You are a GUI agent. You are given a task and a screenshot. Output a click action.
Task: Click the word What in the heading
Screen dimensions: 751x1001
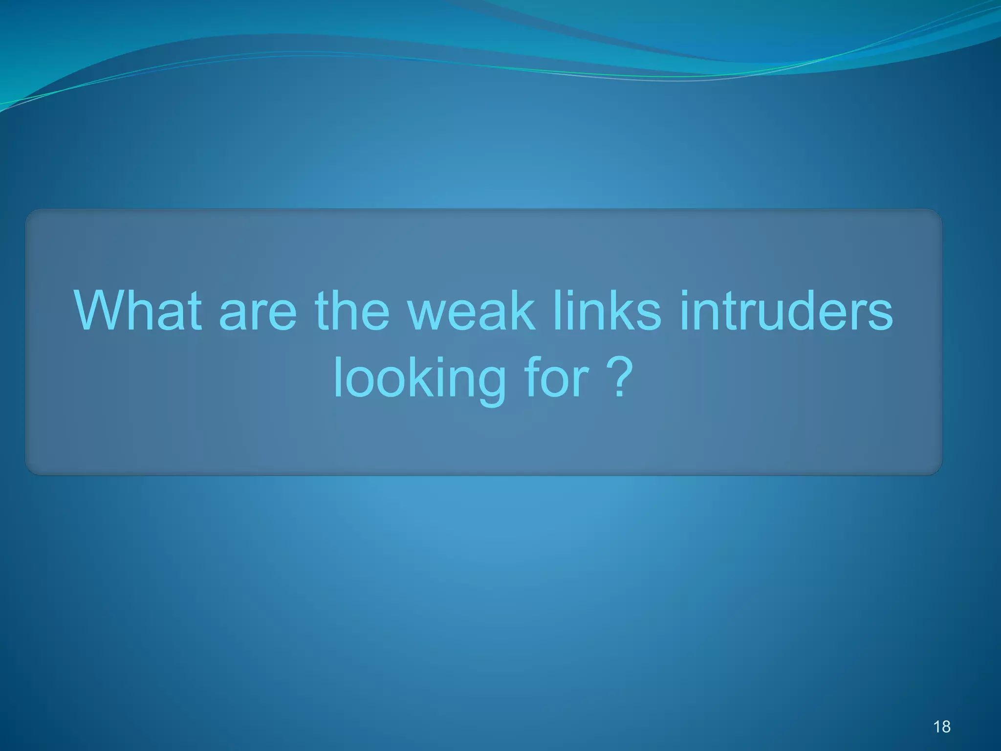pyautogui.click(x=138, y=311)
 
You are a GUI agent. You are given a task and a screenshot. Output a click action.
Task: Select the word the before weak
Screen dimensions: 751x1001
pyautogui.click(x=352, y=311)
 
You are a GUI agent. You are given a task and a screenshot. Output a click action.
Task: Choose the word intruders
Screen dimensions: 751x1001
pyautogui.click(x=786, y=311)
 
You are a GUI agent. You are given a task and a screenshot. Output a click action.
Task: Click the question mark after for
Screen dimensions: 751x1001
pyautogui.click(x=620, y=377)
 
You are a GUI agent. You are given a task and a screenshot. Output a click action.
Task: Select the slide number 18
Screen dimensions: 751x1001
pyautogui.click(x=942, y=727)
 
